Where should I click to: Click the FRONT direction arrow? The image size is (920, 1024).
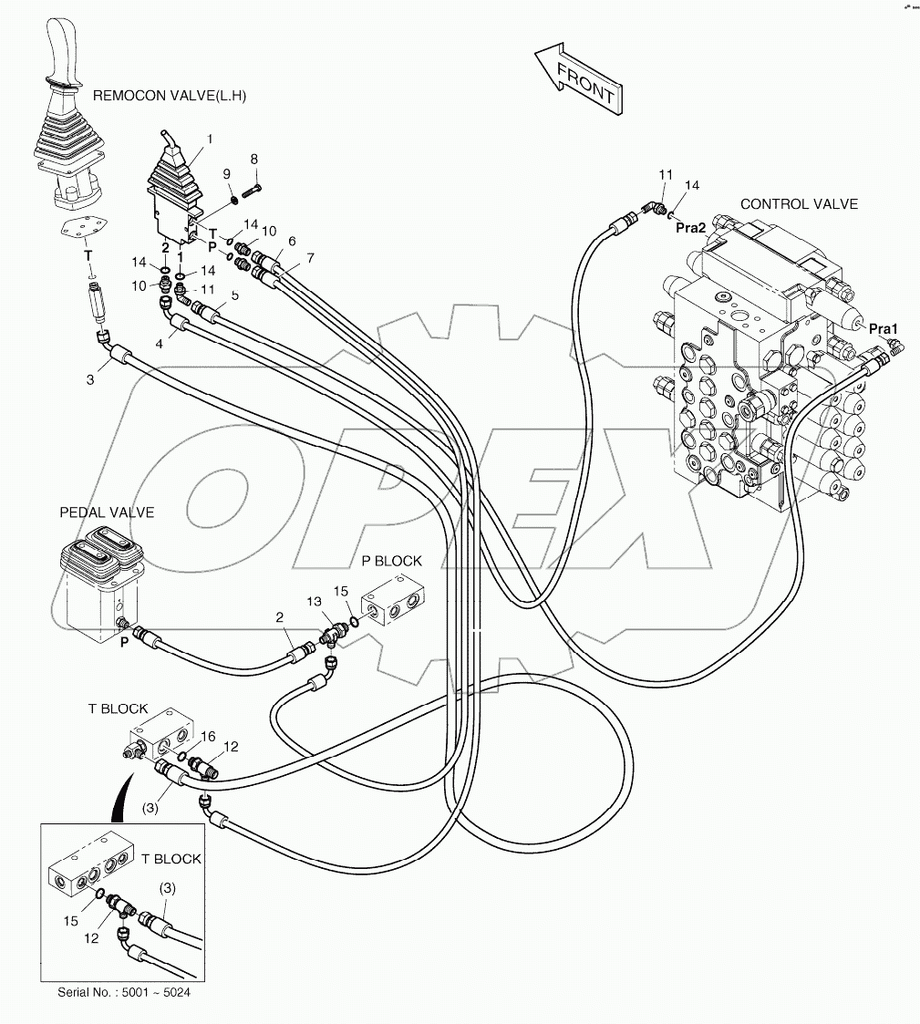(x=580, y=81)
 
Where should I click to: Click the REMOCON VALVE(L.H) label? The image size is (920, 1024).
(x=170, y=95)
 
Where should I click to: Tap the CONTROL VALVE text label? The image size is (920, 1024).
(x=799, y=204)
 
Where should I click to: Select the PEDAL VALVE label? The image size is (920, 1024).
(x=107, y=512)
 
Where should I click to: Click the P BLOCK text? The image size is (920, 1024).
(x=391, y=561)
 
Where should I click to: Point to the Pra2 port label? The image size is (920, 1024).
(x=691, y=228)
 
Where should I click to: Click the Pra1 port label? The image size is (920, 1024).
(x=884, y=328)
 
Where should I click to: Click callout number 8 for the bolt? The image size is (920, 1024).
(x=254, y=159)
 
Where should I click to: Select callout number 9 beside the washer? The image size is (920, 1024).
(x=226, y=173)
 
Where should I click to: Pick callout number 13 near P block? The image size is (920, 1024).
(x=314, y=602)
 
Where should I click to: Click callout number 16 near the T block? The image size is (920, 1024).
(x=208, y=736)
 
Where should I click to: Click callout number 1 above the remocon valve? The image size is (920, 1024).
(x=210, y=140)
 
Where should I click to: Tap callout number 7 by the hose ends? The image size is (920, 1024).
(x=310, y=259)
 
